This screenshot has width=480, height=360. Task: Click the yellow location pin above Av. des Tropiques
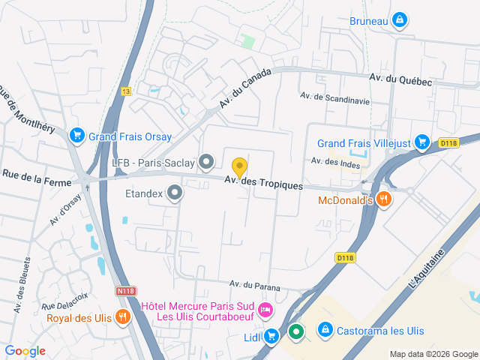pyautogui.click(x=239, y=167)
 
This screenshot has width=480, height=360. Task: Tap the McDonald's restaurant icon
pyautogui.click(x=383, y=199)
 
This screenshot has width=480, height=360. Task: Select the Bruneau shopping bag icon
pyautogui.click(x=400, y=20)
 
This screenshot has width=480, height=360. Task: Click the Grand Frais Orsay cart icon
pyautogui.click(x=76, y=136)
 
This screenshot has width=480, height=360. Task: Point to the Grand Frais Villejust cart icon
pyautogui.click(x=422, y=142)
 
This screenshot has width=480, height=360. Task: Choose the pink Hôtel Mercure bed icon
pyautogui.click(x=264, y=310)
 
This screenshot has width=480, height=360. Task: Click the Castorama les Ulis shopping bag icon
pyautogui.click(x=325, y=330)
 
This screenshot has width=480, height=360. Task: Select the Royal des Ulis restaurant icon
pyautogui.click(x=122, y=316)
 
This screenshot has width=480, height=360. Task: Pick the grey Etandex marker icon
pyautogui.click(x=175, y=193)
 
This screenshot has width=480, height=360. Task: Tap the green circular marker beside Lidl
pyautogui.click(x=296, y=331)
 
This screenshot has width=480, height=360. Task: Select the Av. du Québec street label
pyautogui.click(x=400, y=79)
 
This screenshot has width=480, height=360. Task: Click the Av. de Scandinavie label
pyautogui.click(x=335, y=96)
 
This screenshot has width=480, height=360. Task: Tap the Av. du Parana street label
pyautogui.click(x=255, y=285)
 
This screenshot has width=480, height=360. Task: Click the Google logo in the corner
pyautogui.click(x=25, y=350)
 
